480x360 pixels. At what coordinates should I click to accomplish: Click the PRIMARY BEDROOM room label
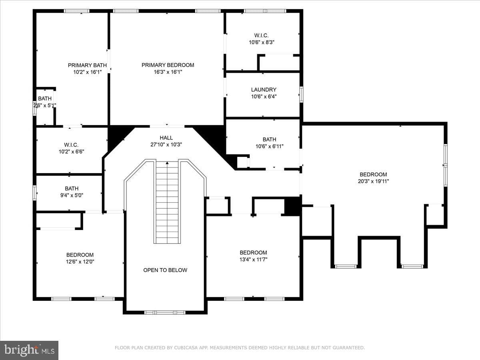point(168,65)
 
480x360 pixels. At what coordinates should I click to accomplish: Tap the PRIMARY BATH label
point(87,65)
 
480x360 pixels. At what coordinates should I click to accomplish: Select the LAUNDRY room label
point(264,90)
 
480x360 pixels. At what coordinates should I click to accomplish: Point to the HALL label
point(166,138)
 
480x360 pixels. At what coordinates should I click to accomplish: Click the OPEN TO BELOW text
point(165,270)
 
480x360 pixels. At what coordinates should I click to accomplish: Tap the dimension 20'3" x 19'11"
point(373,181)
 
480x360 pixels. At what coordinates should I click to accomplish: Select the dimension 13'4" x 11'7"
point(253,260)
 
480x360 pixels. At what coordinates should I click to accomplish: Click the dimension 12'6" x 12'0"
point(80,262)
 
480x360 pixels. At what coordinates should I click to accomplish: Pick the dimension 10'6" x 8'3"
point(262,42)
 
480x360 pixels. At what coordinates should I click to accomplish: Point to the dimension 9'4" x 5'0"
point(72,195)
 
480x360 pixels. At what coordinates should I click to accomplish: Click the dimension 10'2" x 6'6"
point(71,152)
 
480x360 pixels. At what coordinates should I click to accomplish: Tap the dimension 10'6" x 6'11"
point(270,146)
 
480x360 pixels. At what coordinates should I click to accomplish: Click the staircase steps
point(167,202)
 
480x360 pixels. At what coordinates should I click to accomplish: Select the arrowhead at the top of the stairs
point(167,163)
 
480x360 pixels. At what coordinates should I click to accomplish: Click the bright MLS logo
point(29,350)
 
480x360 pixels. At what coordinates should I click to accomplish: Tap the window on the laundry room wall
point(301,94)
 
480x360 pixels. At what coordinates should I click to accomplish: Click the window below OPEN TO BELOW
point(165,312)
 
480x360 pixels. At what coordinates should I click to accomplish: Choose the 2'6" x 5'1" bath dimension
point(45,105)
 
